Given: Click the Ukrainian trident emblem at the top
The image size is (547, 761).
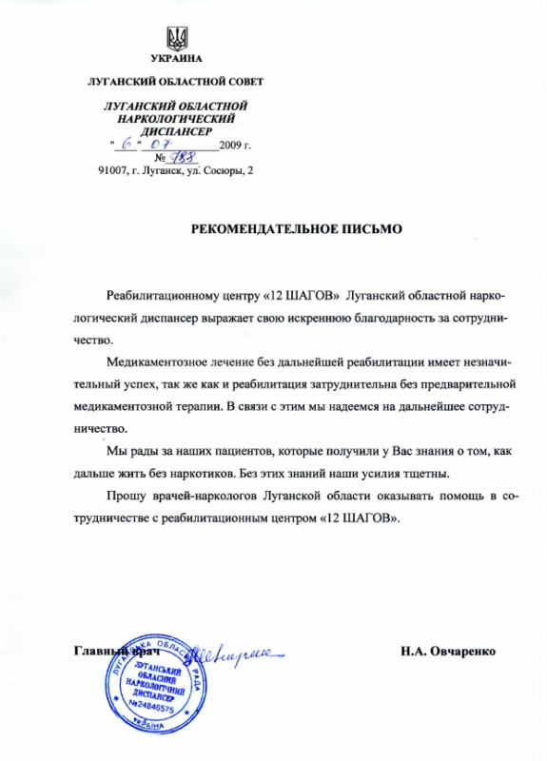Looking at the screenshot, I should click(176, 39).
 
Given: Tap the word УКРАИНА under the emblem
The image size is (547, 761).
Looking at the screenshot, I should click(177, 62).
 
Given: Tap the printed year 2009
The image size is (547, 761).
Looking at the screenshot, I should click(231, 146).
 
